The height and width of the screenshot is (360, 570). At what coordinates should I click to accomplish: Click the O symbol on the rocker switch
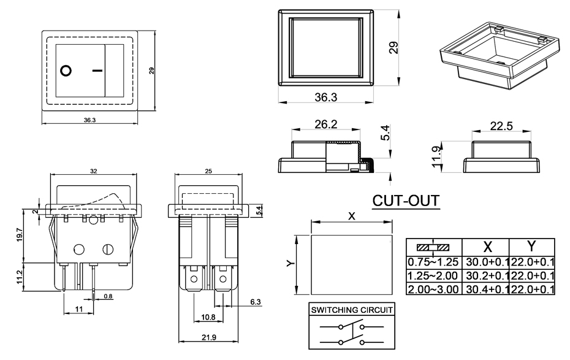[x=66, y=70]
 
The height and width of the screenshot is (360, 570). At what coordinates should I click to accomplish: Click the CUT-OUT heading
[x=406, y=201]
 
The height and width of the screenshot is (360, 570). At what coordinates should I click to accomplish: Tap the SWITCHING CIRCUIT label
[x=351, y=311]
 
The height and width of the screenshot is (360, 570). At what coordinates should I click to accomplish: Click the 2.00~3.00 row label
[x=433, y=289]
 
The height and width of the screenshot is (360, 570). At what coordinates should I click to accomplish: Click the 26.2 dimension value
[x=325, y=124]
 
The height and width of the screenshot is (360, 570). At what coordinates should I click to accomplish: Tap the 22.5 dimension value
[x=501, y=126]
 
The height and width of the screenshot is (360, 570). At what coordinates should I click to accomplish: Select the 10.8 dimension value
[x=208, y=317]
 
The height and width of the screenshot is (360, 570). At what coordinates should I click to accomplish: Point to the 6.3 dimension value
[x=256, y=301]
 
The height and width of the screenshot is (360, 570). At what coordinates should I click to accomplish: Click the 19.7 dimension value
[x=19, y=236]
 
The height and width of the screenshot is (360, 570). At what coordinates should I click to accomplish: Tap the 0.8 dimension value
[x=108, y=297]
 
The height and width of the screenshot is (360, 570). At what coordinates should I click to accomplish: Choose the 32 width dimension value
[x=93, y=173]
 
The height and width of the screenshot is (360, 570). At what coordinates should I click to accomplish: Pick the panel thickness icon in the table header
[x=433, y=247]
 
